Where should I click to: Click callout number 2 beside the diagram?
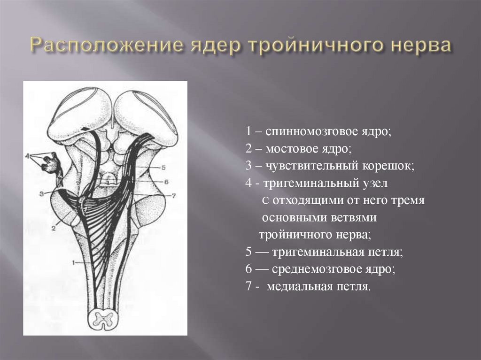click(54, 228)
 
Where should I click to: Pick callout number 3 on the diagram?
click(41, 193)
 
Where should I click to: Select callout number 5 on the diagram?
click(163, 167)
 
